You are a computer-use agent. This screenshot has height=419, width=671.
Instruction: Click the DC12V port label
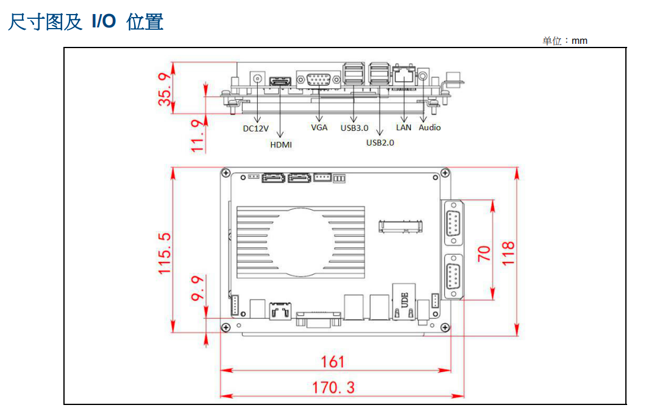pos(256,129)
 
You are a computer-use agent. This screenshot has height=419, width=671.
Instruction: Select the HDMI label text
pos(281,145)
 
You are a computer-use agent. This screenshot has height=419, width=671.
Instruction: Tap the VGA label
pos(319,128)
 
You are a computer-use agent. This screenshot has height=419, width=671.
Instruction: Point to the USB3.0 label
pos(354,129)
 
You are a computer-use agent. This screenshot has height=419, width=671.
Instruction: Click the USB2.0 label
pos(380,143)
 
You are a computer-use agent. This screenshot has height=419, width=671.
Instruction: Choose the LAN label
pos(403,128)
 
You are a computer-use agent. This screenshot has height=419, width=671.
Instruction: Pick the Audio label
pos(430,128)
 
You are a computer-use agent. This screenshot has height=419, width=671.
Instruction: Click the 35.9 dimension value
pos(165,88)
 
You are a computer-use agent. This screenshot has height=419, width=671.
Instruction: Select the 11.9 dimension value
pos(197,136)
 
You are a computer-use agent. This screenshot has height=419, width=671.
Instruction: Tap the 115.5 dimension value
pos(165,252)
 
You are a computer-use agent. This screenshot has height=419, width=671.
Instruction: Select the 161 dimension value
pos(333,362)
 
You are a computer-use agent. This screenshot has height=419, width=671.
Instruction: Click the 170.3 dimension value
pos(333,387)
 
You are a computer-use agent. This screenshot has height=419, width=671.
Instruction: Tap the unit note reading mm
pos(565,41)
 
